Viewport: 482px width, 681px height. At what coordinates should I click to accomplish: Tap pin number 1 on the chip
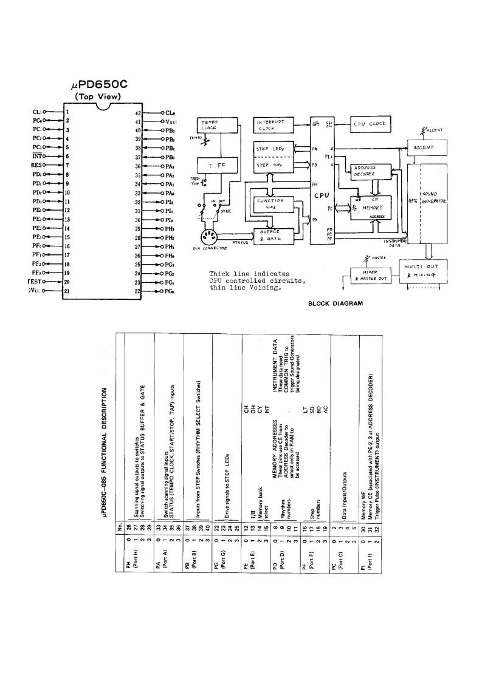[x=67, y=112]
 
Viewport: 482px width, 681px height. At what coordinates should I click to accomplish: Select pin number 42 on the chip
[x=138, y=112]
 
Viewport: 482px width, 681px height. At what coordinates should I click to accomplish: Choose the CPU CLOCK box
[x=369, y=124]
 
